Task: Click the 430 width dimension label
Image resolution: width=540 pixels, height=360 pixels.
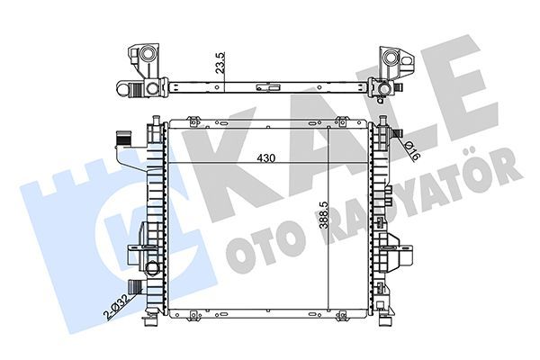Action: (266, 158)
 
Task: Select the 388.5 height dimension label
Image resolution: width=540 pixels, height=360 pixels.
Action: (323, 215)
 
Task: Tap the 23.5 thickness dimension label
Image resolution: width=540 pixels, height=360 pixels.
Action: (220, 62)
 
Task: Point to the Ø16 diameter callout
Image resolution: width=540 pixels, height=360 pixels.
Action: (412, 151)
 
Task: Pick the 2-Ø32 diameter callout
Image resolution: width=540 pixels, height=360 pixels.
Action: (117, 308)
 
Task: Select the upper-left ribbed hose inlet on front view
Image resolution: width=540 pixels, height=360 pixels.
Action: (123, 138)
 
